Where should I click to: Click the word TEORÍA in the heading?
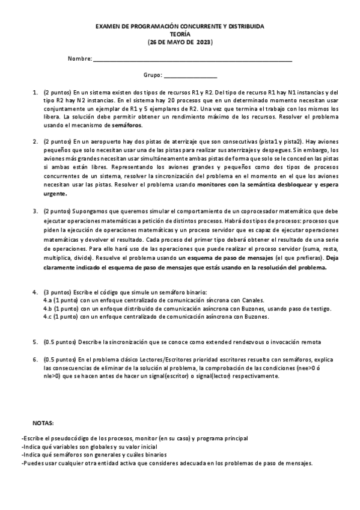tap(180, 35)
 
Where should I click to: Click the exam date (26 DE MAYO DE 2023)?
tap(180, 43)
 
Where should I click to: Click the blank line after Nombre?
tap(193, 60)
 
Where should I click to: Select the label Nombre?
tap(80, 59)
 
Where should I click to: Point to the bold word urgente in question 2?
tap(55, 194)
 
